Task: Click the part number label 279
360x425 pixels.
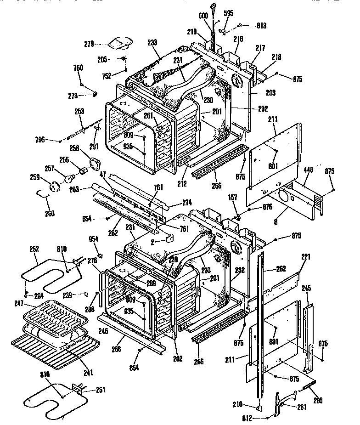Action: (89, 44)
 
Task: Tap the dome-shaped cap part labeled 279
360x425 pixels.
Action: (118, 44)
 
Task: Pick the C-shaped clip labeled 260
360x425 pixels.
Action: (44, 196)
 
